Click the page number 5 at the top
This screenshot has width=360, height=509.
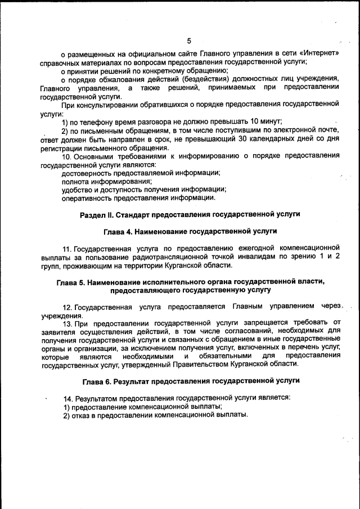coord(189,40)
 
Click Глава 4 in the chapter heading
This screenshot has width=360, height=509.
coord(120,231)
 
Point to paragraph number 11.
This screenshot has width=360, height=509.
coord(67,248)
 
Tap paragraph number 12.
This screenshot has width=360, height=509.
coord(67,307)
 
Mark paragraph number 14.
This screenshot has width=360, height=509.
coord(67,398)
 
